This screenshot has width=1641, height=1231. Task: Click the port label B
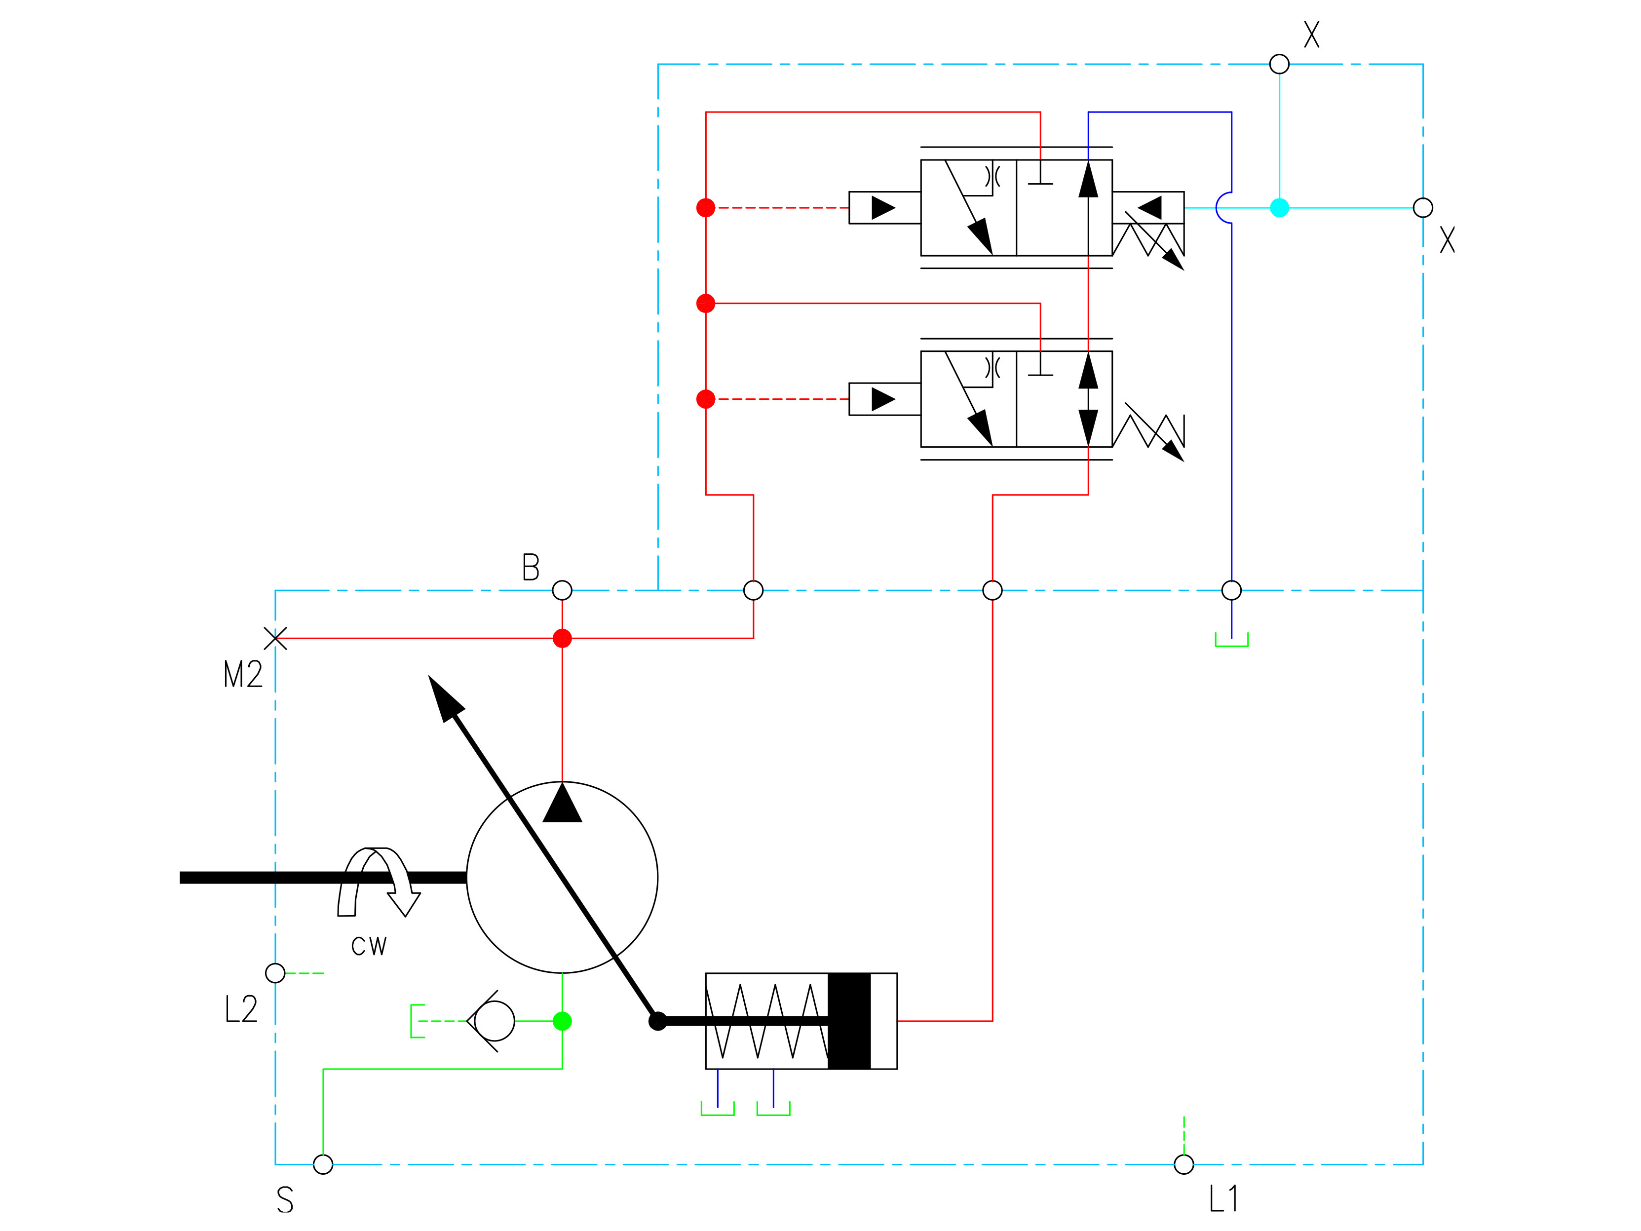point(531,567)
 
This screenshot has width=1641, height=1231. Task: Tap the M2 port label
point(243,674)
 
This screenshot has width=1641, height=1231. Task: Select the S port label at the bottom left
point(285,1200)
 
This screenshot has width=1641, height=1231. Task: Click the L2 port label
point(241,1009)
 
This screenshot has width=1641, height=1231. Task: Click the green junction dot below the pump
point(562,1021)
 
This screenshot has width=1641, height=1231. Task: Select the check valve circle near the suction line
point(494,1021)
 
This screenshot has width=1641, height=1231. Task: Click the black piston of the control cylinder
point(849,1021)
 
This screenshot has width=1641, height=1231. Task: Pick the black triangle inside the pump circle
point(562,804)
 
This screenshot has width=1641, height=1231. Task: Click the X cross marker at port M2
point(275,638)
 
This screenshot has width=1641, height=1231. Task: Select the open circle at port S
point(323,1164)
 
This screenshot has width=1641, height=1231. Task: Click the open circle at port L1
point(1184,1164)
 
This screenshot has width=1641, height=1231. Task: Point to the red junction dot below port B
point(562,638)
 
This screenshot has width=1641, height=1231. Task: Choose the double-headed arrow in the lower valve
point(1088,399)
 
